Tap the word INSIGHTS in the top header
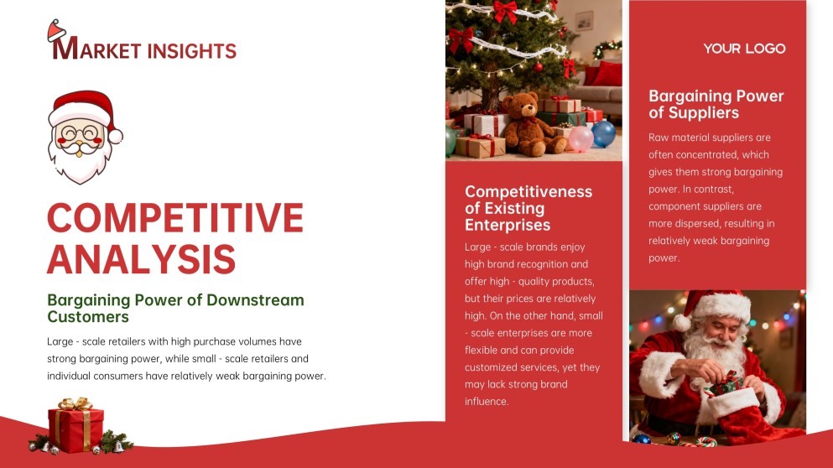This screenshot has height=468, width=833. [191, 51]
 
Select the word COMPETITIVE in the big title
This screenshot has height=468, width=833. [175, 218]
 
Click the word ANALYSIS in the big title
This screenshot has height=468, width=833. [141, 258]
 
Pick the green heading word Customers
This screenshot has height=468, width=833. [88, 317]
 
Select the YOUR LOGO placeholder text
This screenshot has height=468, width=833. [744, 49]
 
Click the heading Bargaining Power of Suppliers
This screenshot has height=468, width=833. [716, 104]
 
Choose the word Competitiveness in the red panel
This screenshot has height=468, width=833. [528, 191]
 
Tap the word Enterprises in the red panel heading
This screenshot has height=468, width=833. [508, 225]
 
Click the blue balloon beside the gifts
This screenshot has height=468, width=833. [604, 133]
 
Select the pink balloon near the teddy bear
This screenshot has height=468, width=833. [580, 138]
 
